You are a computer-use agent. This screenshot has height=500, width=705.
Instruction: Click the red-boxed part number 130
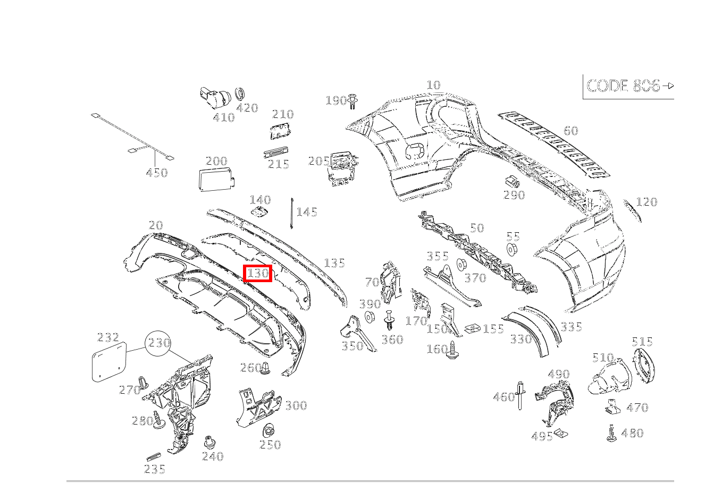(258, 273)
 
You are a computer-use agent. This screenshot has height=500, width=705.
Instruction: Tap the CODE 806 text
(623, 86)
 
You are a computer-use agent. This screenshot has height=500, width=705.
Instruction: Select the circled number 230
(158, 343)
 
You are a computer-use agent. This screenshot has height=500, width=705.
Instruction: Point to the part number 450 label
(157, 173)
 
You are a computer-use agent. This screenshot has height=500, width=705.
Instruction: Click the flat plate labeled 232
(109, 362)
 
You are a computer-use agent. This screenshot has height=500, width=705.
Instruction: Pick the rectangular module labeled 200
(216, 180)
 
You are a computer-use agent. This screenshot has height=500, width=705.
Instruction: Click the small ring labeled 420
(240, 94)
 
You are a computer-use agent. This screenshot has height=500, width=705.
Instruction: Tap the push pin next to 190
(353, 101)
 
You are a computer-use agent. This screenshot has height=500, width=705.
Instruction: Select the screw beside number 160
(452, 350)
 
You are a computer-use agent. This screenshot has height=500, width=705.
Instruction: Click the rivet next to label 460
(520, 396)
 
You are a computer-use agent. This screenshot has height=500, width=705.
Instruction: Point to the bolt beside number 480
(611, 434)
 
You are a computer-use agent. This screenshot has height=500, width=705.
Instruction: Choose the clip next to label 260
(265, 368)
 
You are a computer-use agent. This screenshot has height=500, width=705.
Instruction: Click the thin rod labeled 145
(292, 213)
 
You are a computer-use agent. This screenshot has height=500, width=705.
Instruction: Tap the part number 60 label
(570, 131)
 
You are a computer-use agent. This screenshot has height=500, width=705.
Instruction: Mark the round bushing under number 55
(512, 249)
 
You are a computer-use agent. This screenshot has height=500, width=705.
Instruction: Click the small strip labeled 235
(154, 457)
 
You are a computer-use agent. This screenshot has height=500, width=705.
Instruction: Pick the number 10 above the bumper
(433, 85)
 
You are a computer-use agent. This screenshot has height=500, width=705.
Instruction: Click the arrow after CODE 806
(668, 86)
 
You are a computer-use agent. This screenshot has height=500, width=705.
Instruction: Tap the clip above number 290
(512, 181)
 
